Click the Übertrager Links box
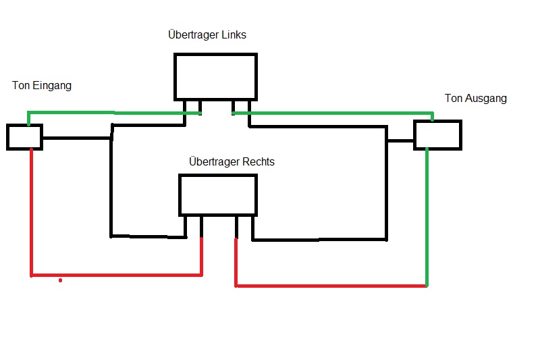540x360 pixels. pyautogui.click(x=215, y=77)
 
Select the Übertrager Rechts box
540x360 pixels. pyautogui.click(x=218, y=195)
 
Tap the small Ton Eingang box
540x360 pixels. pyautogui.click(x=24, y=136)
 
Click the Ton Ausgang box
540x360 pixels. pyautogui.click(x=437, y=134)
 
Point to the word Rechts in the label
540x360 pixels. pyautogui.click(x=257, y=162)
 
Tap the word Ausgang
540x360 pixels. pyautogui.click(x=486, y=99)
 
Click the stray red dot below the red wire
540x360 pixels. pyautogui.click(x=61, y=280)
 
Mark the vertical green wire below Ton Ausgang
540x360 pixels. pyautogui.click(x=427, y=216)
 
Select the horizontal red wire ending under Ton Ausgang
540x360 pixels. pyautogui.click(x=331, y=286)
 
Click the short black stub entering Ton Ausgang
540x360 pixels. pyautogui.click(x=400, y=141)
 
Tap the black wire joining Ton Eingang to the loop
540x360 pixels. pyautogui.click(x=76, y=138)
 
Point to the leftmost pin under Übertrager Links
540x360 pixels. pyautogui.click(x=184, y=108)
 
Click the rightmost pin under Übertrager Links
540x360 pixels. pyautogui.click(x=249, y=108)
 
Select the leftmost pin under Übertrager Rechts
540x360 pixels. pyautogui.click(x=186, y=226)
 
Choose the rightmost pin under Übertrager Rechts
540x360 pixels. pyautogui.click(x=253, y=227)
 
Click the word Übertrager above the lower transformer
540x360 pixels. pyautogui.click(x=210, y=162)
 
